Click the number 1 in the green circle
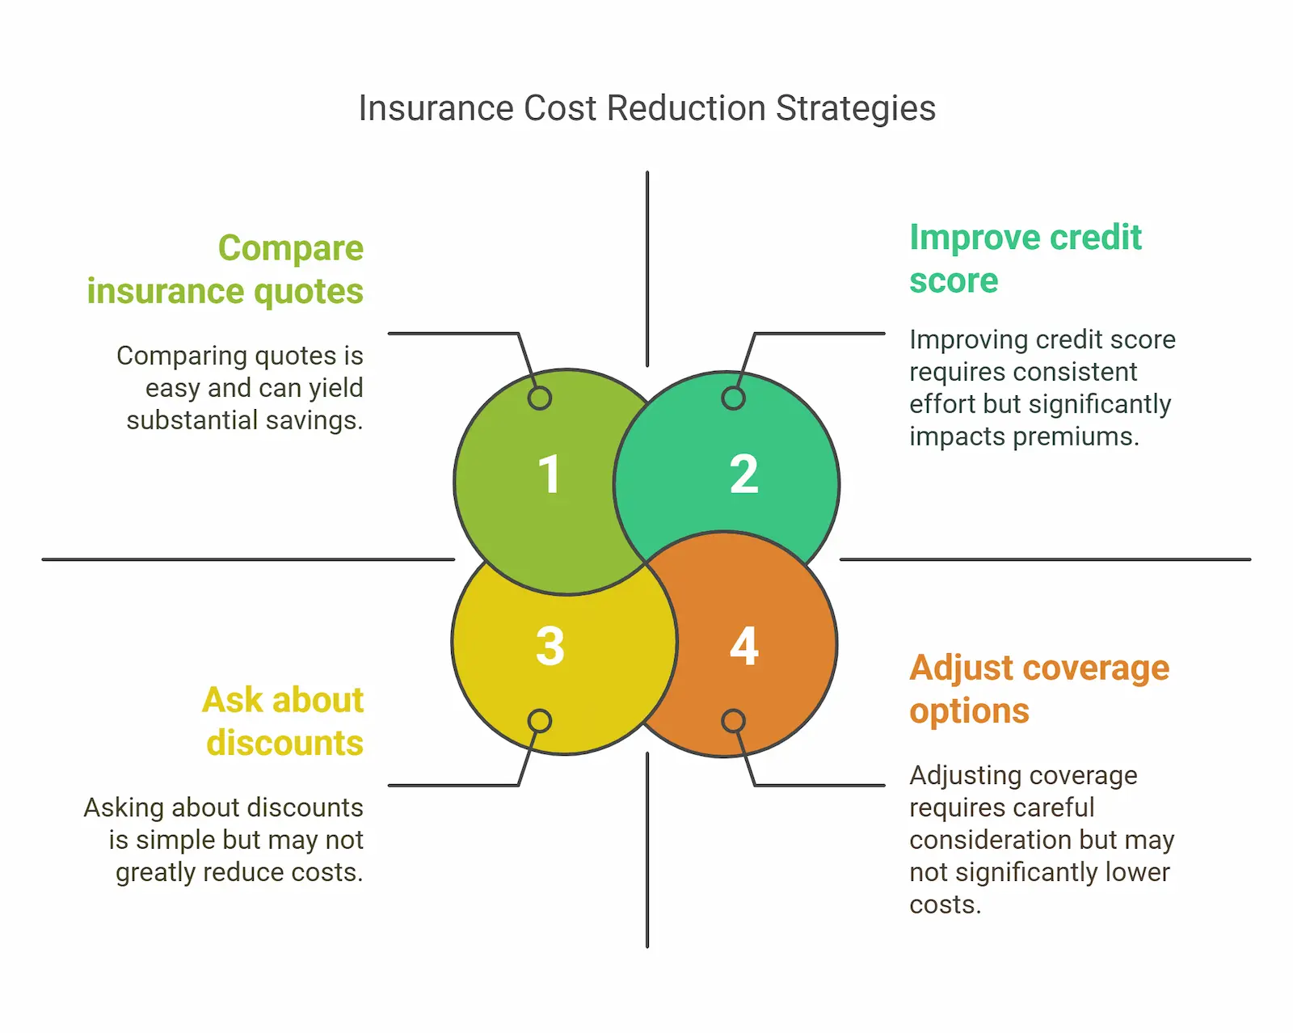point(550,474)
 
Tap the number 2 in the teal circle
point(743,474)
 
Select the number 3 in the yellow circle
point(550,647)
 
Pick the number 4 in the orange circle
point(744,647)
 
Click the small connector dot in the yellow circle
point(540,721)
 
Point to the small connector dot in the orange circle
point(734,720)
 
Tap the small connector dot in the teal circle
point(734,398)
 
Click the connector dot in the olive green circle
point(540,398)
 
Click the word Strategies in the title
point(856,109)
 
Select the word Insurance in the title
point(436,108)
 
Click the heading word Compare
point(291,249)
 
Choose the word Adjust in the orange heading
point(961,668)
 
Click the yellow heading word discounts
point(284,744)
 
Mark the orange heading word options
point(969,712)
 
